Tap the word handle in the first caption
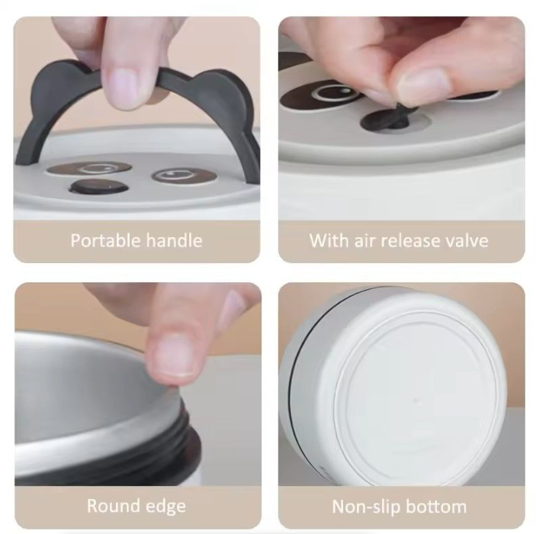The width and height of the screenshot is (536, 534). click(175, 240)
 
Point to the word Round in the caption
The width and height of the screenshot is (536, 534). click(111, 506)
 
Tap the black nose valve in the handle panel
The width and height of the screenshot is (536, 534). click(98, 187)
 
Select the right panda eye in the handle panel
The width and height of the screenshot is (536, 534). click(184, 175)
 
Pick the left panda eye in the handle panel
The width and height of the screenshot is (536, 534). click(89, 169)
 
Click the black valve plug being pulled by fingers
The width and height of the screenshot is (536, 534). click(390, 118)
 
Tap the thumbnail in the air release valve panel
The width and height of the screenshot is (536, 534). click(423, 86)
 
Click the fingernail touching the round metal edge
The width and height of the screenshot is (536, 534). click(175, 355)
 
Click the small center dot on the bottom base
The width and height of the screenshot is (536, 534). click(416, 399)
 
